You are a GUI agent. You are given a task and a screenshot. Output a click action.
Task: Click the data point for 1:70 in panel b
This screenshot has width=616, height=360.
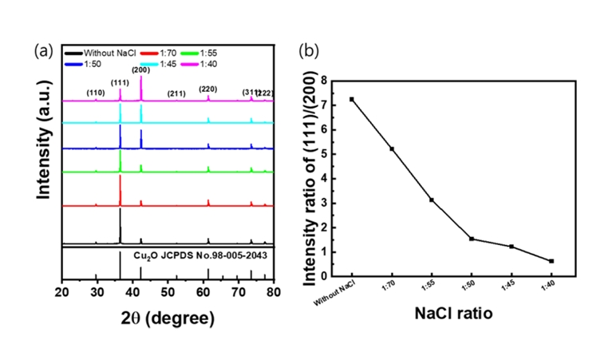click(392, 148)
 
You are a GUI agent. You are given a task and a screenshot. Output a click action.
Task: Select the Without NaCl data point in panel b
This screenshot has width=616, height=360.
click(352, 99)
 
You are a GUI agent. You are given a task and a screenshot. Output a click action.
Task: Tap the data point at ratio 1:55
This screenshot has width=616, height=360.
click(432, 200)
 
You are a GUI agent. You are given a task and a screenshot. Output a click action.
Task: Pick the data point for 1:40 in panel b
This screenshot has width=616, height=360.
click(551, 261)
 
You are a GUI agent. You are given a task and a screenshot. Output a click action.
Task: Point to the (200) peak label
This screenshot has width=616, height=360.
click(141, 70)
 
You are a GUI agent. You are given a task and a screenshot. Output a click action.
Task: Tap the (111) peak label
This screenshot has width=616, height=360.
click(120, 82)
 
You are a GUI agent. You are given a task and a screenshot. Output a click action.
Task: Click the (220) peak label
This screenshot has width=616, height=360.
click(208, 89)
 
